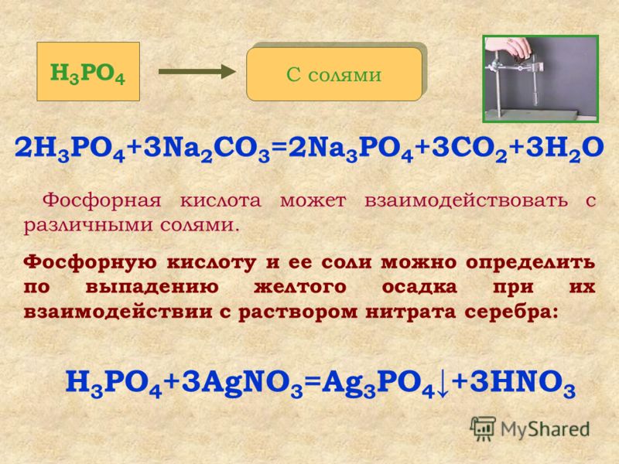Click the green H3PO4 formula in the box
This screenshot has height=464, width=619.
point(87,73)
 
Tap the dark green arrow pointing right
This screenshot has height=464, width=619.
point(197,71)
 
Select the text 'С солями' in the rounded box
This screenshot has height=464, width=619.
point(334,74)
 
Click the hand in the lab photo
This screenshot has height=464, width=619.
point(508,48)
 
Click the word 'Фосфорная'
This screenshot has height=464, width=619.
point(102,200)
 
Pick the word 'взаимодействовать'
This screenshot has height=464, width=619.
point(467,200)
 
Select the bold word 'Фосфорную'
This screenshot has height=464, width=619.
point(91,262)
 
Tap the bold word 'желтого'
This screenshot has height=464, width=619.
point(300,287)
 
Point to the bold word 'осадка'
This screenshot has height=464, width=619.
point(419,287)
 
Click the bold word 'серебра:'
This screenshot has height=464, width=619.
point(511,312)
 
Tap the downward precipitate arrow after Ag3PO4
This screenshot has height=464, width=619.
point(443,384)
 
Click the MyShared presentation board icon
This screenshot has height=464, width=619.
point(483,428)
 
